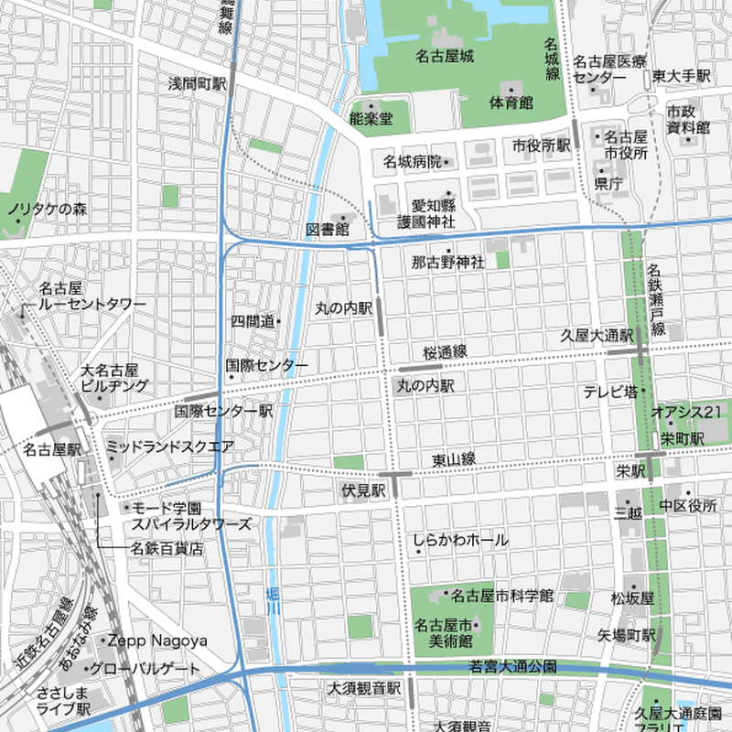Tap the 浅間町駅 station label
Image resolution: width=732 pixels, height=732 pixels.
click(197, 83)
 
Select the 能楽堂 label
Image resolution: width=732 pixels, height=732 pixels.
click(371, 118)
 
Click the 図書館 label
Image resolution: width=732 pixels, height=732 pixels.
click(328, 229)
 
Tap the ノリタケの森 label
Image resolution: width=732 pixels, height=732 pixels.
click(47, 210)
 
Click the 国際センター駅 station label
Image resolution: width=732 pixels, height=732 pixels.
click(223, 412)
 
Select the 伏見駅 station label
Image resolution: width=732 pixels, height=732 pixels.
click(363, 491)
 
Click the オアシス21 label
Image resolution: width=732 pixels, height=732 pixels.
click(686, 413)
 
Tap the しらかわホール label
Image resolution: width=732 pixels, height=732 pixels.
click(460, 541)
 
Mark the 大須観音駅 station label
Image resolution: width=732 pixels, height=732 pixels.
click(365, 686)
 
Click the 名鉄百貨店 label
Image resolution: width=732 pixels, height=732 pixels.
click(166, 549)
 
